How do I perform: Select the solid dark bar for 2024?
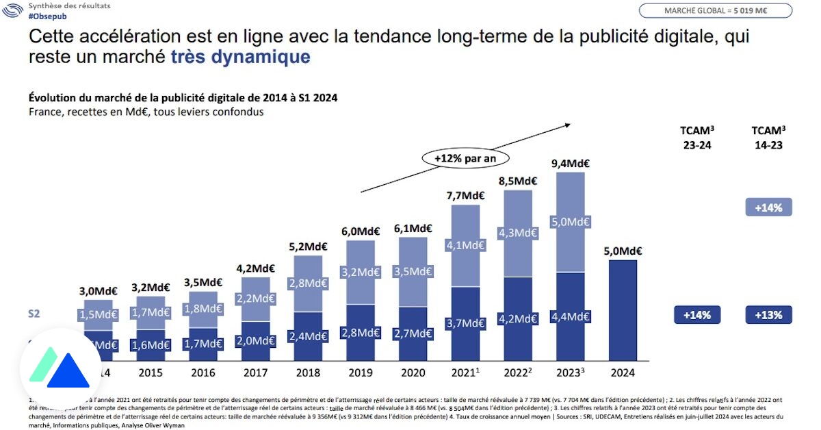pos(623,309)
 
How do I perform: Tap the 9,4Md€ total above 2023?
pos(570,163)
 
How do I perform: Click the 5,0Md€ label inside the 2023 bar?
pos(570,223)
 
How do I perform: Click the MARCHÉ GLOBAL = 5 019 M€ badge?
pos(716,11)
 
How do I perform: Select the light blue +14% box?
pos(768,207)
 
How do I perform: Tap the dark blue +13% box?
pos(768,315)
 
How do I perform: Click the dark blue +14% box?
pos(697,315)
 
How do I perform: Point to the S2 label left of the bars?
pos(34,314)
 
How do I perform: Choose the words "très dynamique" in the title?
pos(240,56)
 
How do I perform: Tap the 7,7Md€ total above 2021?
pos(465,195)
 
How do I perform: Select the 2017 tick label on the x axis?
pos(255,373)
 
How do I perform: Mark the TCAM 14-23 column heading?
pos(768,138)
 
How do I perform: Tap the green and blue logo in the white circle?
pos(60,370)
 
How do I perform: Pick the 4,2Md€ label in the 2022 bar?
pos(518,318)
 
